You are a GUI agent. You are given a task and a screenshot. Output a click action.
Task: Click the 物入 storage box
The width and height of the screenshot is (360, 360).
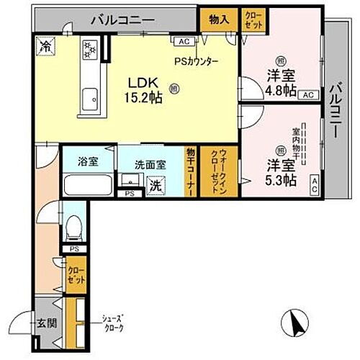click(x=219, y=19)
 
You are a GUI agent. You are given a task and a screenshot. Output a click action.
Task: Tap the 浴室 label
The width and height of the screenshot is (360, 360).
click(x=89, y=161)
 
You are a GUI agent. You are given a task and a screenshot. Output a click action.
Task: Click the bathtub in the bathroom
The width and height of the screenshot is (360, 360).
click(x=88, y=184)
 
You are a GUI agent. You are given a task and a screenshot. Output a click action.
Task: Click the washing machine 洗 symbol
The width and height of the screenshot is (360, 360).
click(x=154, y=185)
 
